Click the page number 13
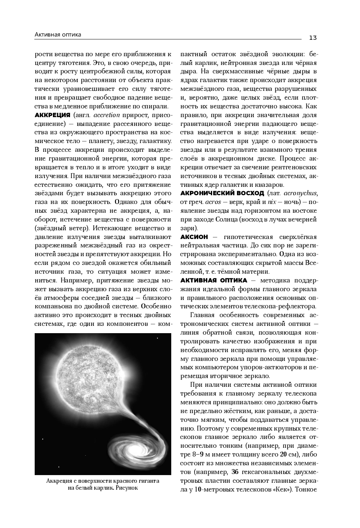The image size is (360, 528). pos(313,38)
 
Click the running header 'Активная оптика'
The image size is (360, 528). pos(58,35)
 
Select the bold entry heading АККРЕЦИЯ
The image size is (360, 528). pos(52,115)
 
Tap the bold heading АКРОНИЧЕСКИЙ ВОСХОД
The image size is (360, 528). pos(222,193)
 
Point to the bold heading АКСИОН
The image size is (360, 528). pos(194,237)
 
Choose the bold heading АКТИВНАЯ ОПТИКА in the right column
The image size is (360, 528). pos(214,280)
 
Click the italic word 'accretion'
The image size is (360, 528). pos(107,115)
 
